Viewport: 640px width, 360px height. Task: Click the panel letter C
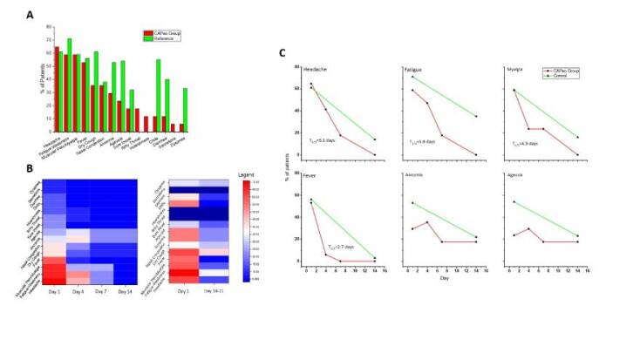[282, 52]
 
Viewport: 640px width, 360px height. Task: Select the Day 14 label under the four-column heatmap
[126, 291]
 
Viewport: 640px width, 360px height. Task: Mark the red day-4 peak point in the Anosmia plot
[427, 222]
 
